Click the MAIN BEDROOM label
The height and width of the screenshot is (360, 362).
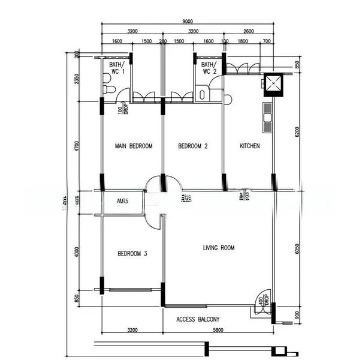pyautogui.click(x=133, y=146)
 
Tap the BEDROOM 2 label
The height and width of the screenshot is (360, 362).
pyautogui.click(x=193, y=146)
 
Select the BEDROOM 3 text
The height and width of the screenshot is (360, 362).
pyautogui.click(x=132, y=254)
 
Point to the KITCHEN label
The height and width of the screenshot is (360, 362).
pyautogui.click(x=250, y=146)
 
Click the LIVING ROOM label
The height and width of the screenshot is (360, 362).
pyautogui.click(x=219, y=247)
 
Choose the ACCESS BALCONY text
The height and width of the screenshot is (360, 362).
pyautogui.click(x=198, y=319)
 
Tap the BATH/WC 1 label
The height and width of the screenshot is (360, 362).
pyautogui.click(x=117, y=68)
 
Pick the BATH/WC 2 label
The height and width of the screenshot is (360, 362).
pyautogui.click(x=209, y=68)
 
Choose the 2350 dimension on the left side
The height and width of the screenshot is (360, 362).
pyautogui.click(x=77, y=80)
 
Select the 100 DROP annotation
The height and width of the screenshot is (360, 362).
pyautogui.click(x=123, y=109)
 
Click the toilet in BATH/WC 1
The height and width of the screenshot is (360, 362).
pyautogui.click(x=108, y=89)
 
